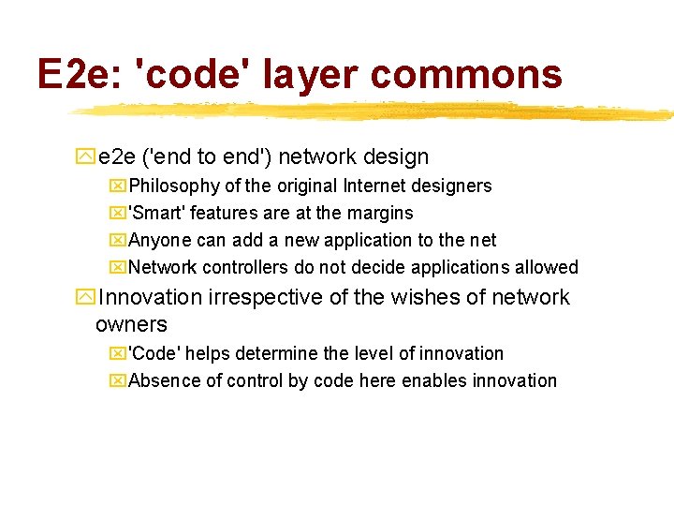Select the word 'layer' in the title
coord(302,73)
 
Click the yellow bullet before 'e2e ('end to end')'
coord(85,157)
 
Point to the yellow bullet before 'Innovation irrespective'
coord(85,298)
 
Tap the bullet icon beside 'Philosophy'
coord(118,186)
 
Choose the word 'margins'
coord(378,214)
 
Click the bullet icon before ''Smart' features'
coord(118,214)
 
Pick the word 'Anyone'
coord(157,241)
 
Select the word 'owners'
coord(131,325)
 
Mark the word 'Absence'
coord(160,381)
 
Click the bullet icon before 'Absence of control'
coord(118,381)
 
